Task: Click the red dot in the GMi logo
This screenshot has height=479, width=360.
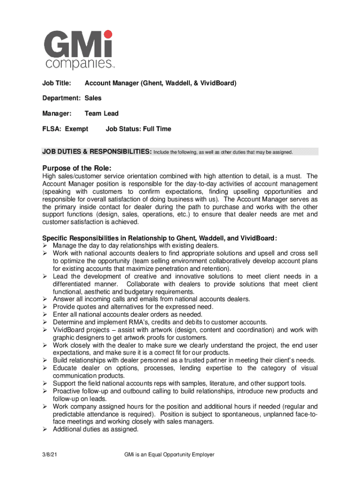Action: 108,34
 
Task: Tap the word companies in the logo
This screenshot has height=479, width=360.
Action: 78,63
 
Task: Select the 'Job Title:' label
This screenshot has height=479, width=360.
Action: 57,83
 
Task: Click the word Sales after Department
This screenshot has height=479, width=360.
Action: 93,98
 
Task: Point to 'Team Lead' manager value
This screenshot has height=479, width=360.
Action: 101,113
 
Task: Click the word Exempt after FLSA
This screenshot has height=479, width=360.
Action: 76,129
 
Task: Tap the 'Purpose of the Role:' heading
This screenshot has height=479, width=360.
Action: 77,168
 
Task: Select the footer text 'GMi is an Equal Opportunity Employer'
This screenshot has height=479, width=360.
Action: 169,454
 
